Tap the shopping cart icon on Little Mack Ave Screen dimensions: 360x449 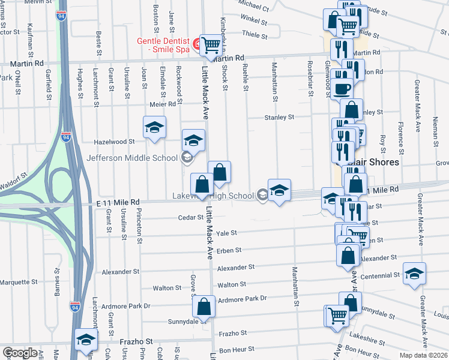(x=211, y=44)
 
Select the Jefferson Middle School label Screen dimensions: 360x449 (x=133, y=158)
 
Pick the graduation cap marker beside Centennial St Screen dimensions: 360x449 (x=414, y=274)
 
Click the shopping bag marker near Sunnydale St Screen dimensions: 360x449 (x=204, y=306)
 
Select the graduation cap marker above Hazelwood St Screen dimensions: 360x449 (x=154, y=127)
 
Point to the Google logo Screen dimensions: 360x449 (x=20, y=353)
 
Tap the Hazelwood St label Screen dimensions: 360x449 (x=115, y=142)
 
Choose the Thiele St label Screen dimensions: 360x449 (x=255, y=35)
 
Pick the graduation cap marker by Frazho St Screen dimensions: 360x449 (x=86, y=340)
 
